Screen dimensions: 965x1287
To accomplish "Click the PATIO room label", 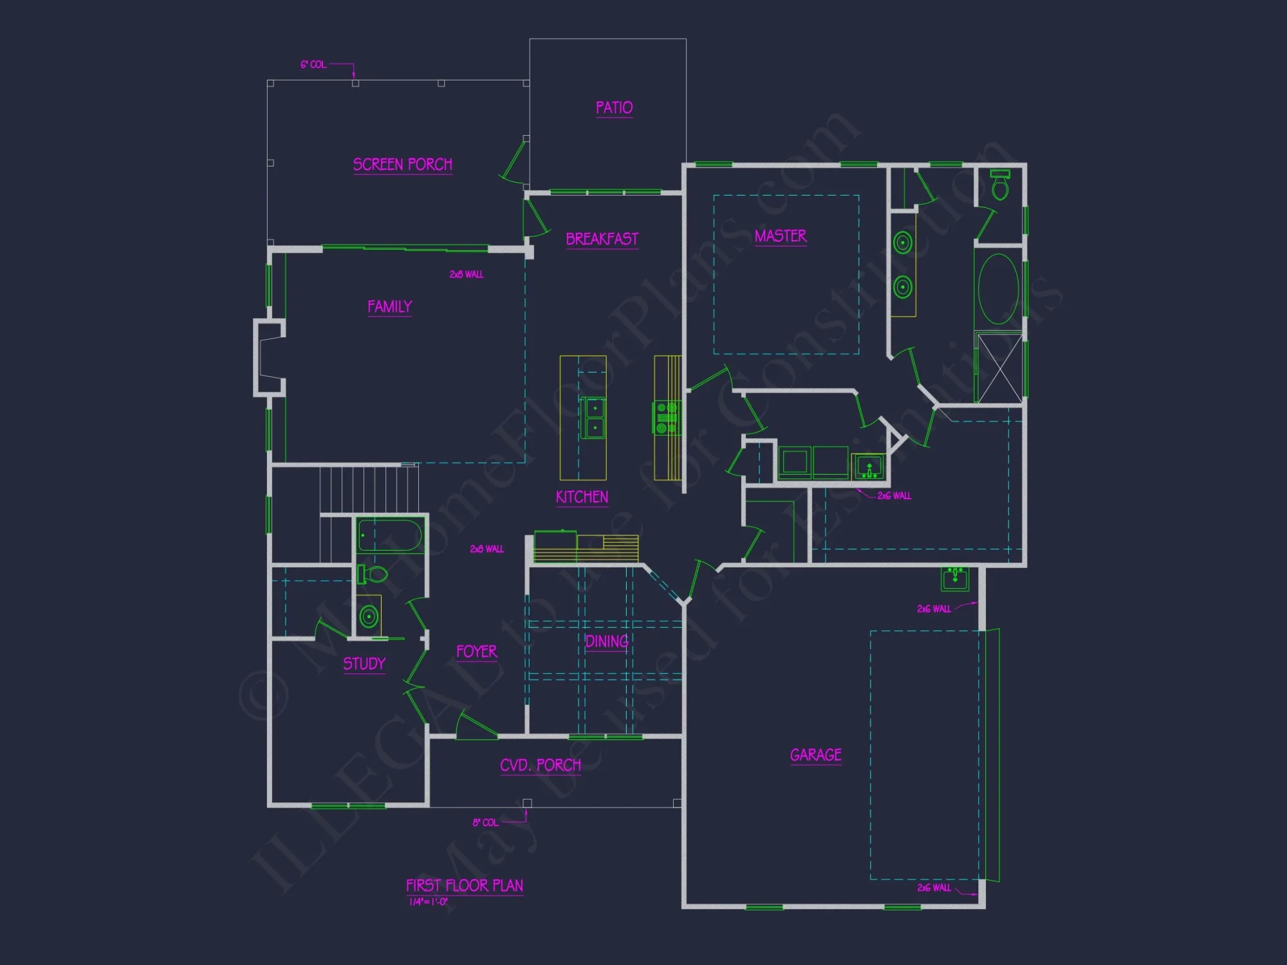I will pos(614,107).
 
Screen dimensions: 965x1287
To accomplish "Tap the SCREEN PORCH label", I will pos(403,165).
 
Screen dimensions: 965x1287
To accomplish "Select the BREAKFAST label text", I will pos(602,239).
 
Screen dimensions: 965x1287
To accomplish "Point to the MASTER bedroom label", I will pos(780,236).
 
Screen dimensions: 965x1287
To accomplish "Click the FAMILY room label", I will pos(389,307).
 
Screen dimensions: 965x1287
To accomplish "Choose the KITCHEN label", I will pos(582,497).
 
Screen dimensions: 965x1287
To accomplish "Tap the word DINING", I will pos(606,641).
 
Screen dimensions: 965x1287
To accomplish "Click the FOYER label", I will pos(476,652).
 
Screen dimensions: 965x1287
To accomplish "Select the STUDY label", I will pos(364,664).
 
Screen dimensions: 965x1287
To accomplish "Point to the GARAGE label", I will pos(815,755).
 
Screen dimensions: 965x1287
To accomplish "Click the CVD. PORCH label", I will pos(541,765).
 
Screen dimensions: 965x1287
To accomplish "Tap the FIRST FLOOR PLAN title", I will pos(464,886).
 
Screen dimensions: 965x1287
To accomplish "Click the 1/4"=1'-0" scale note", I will pos(429,902).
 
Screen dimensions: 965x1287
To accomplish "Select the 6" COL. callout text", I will pos(313,65).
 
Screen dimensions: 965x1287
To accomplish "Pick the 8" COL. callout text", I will pos(485,823).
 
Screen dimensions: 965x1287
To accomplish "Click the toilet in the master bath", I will pos(999,186).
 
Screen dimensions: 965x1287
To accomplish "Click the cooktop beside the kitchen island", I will pos(666,418).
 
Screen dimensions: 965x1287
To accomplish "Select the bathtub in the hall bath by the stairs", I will pos(390,535).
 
